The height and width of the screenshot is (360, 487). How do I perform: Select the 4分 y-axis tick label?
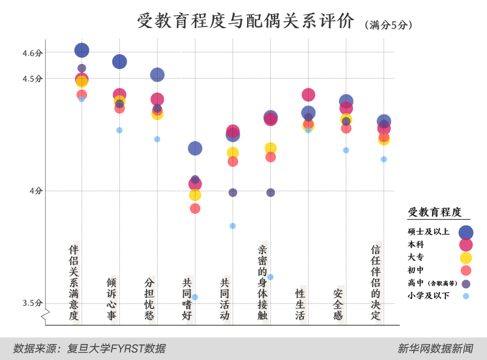[36, 191]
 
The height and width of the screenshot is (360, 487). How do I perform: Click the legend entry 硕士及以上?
[429, 231]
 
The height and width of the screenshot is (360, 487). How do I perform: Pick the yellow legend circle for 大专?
[466, 258]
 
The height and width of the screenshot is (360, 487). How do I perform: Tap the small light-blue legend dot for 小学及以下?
[466, 296]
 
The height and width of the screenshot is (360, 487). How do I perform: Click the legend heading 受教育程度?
[435, 212]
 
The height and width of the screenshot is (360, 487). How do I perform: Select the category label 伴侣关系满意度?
[74, 283]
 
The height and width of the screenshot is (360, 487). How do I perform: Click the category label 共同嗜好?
[187, 299]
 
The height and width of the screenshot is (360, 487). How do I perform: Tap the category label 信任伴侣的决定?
[376, 283]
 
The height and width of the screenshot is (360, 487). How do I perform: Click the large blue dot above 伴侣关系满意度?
[82, 51]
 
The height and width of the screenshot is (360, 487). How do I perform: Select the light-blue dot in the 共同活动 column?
[233, 226]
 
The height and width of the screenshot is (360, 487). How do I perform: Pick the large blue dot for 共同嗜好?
[195, 148]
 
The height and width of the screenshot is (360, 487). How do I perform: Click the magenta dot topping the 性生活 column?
[308, 94]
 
